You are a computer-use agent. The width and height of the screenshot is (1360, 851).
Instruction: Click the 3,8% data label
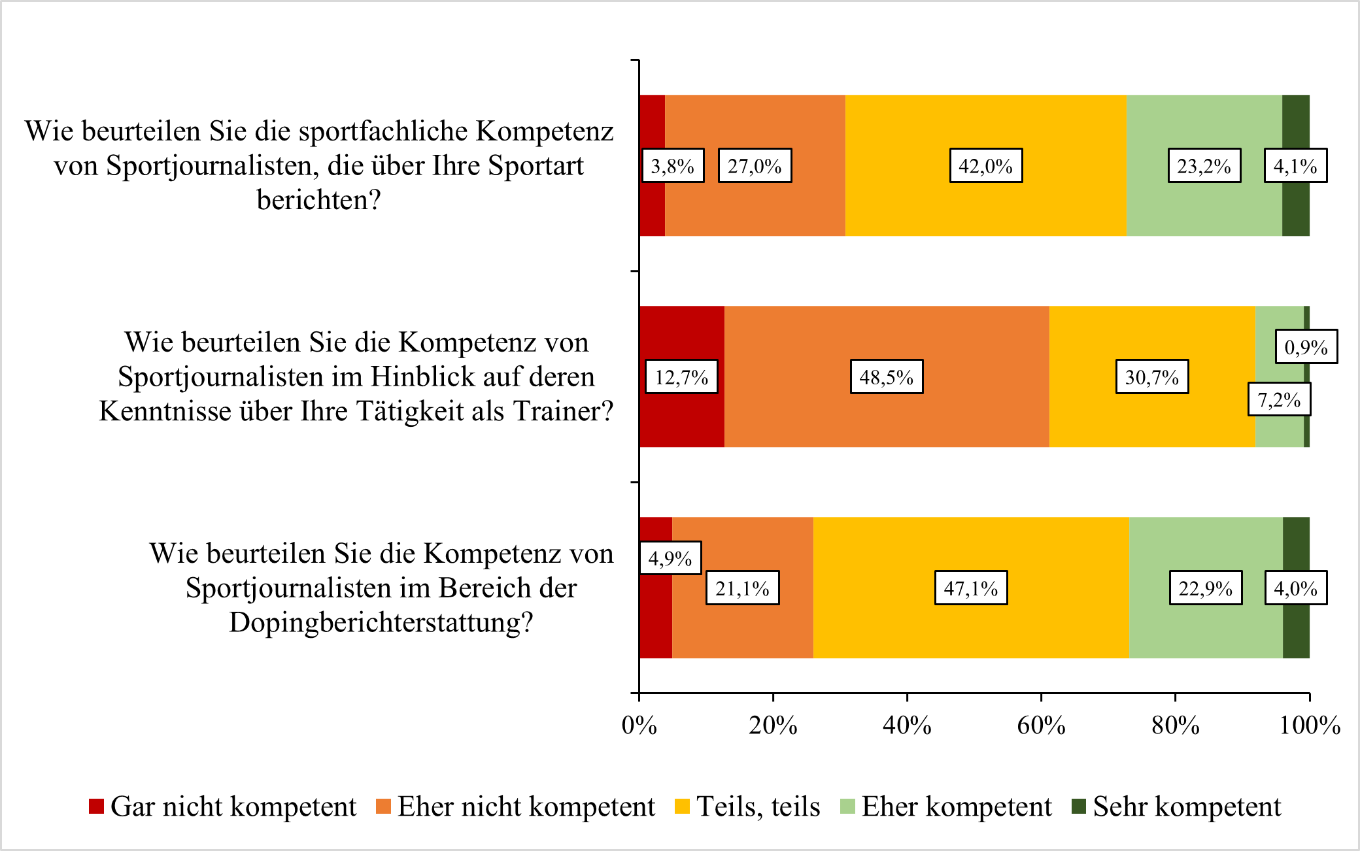(673, 166)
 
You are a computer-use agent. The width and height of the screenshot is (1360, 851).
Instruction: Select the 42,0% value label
(985, 166)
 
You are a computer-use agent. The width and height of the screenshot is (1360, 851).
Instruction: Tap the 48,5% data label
(886, 377)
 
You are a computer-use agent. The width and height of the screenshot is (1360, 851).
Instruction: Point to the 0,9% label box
(1306, 346)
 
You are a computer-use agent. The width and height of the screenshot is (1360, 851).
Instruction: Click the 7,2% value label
(1279, 399)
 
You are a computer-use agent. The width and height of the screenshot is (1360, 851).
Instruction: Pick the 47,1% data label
(970, 588)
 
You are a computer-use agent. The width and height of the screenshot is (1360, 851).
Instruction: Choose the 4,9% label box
(670, 558)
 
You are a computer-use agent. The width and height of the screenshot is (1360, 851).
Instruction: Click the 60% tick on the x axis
(1041, 726)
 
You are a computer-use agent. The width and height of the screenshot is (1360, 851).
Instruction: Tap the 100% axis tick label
(1309, 726)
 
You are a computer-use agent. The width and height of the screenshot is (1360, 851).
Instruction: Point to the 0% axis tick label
(639, 726)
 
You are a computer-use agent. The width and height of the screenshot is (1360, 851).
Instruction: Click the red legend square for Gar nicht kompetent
(97, 807)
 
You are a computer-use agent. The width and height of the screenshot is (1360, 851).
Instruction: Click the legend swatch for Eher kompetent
(847, 807)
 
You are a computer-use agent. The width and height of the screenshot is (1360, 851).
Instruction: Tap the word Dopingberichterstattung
(381, 622)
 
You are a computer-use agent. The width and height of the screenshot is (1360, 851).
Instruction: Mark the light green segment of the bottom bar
(1206, 627)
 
